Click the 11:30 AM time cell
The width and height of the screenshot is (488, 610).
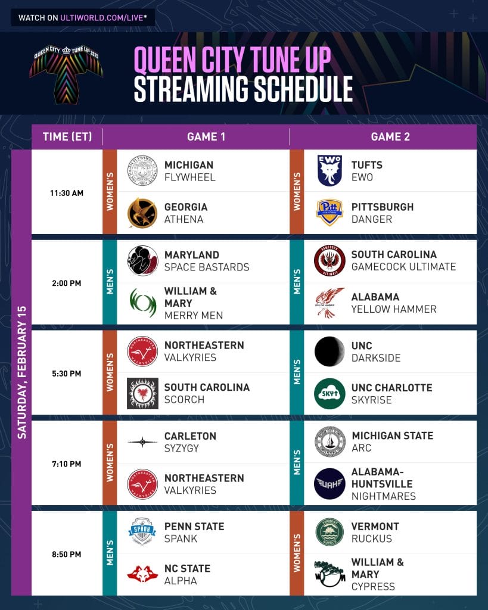pyautogui.click(x=66, y=192)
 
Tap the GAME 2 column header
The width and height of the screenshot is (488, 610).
pyautogui.click(x=390, y=136)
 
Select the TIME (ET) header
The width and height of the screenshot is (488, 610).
pyautogui.click(x=67, y=136)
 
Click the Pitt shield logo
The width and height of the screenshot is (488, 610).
pyautogui.click(x=330, y=213)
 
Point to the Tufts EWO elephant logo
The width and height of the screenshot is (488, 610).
pyautogui.click(x=330, y=170)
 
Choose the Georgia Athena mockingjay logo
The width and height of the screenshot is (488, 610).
pyautogui.click(x=142, y=213)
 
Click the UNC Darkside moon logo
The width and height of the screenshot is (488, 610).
pyautogui.click(x=330, y=351)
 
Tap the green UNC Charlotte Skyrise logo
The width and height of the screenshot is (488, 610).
pyautogui.click(x=330, y=393)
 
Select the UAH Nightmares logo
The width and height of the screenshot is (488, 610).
pyautogui.click(x=330, y=484)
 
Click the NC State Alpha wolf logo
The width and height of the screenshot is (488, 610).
pyautogui.click(x=142, y=574)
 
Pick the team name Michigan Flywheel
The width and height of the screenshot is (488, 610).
pyautogui.click(x=189, y=171)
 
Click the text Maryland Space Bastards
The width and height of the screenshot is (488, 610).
pyautogui.click(x=207, y=261)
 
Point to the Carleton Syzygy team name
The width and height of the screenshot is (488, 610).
pyautogui.click(x=190, y=442)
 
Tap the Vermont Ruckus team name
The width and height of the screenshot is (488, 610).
pyautogui.click(x=375, y=533)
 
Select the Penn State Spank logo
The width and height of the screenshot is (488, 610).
pyautogui.click(x=142, y=532)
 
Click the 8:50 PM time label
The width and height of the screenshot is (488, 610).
pyautogui.click(x=66, y=554)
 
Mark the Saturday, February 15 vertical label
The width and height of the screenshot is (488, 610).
pyautogui.click(x=21, y=372)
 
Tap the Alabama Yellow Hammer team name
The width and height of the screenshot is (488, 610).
pyautogui.click(x=393, y=303)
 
